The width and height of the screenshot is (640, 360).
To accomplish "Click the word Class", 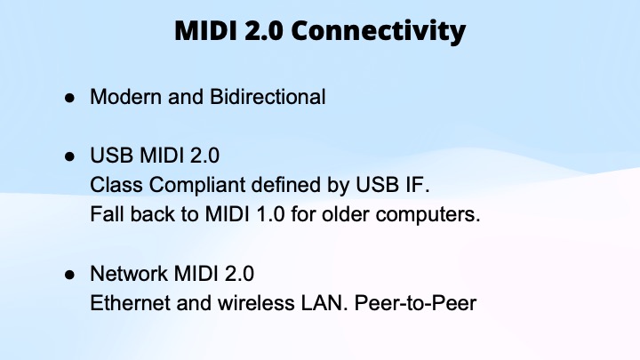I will (113, 186).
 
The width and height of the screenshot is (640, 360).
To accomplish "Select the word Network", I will (125, 274).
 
